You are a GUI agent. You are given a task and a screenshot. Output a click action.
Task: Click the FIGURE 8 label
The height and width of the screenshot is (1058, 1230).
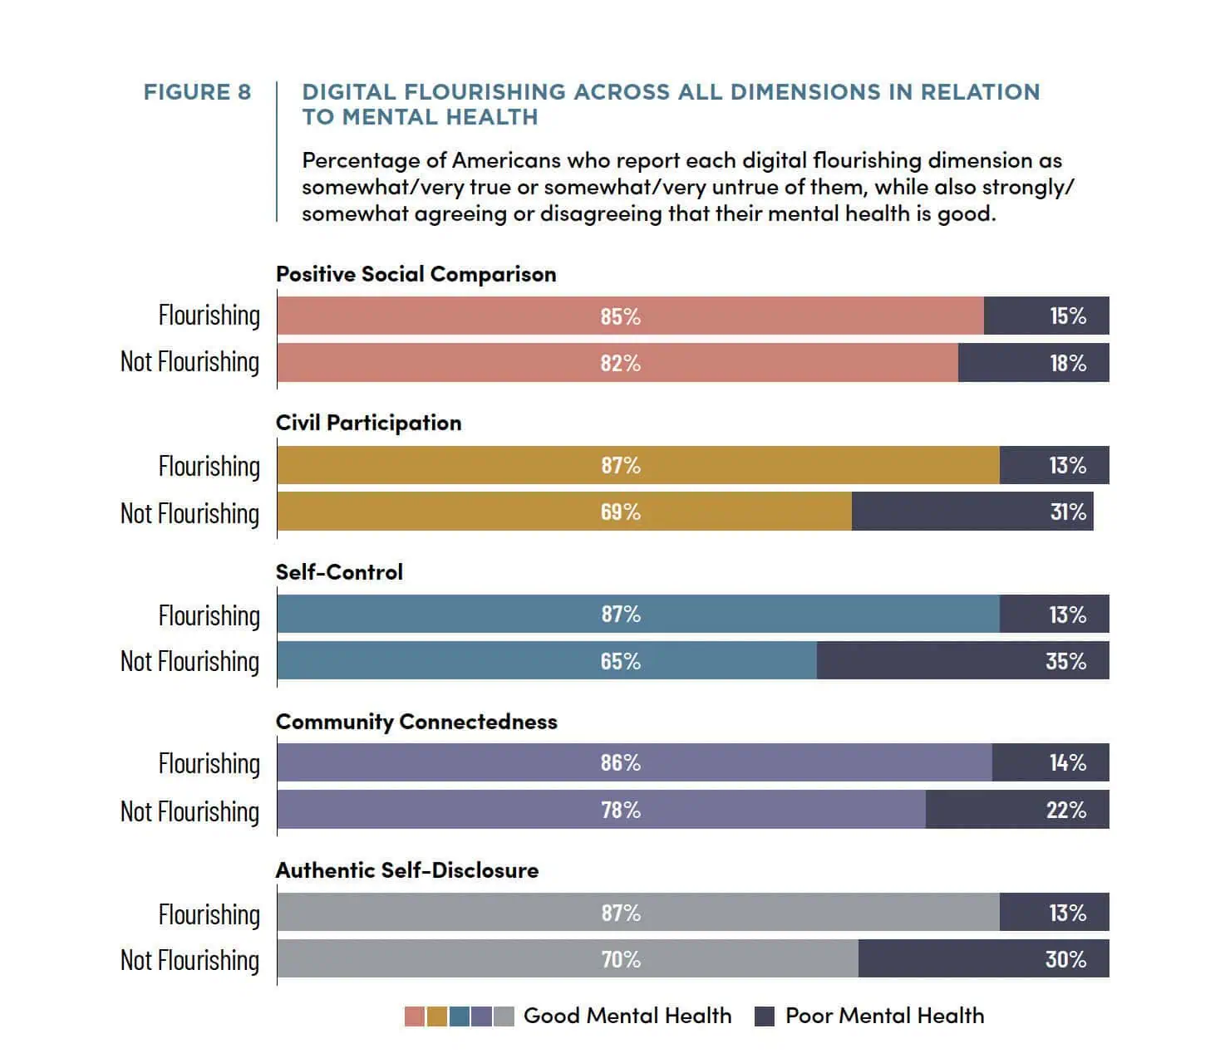tap(197, 92)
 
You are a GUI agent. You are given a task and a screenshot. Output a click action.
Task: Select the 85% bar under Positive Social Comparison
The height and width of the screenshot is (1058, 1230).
tap(630, 316)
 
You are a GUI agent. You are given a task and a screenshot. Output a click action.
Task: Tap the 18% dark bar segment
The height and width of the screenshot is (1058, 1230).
tap(1033, 362)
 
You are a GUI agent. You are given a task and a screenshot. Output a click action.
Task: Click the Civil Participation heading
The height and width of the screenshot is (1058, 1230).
tap(368, 423)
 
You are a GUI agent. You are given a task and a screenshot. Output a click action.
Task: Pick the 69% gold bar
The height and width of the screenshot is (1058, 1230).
tap(564, 511)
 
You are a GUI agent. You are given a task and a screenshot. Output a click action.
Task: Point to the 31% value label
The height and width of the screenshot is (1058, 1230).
tap(1068, 512)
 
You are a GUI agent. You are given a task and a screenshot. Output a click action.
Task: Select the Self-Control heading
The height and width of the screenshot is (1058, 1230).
tap(339, 572)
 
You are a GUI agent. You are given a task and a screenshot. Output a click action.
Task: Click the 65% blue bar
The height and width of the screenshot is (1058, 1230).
tap(547, 660)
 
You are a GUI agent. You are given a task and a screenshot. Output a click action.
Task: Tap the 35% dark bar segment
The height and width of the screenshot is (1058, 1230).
tap(963, 660)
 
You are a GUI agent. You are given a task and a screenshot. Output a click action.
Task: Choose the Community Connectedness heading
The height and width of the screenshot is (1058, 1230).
tap(416, 722)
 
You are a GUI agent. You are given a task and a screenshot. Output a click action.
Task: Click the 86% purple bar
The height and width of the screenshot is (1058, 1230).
tap(634, 762)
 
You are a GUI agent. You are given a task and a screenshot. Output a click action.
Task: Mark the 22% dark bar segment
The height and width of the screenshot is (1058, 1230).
tap(1017, 809)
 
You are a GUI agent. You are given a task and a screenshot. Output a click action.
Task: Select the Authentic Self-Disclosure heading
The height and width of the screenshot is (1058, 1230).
tap(407, 870)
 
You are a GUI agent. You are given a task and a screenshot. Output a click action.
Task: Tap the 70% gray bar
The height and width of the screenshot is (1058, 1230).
tap(568, 958)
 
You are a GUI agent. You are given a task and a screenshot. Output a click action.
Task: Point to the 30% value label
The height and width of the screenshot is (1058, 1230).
tap(1065, 959)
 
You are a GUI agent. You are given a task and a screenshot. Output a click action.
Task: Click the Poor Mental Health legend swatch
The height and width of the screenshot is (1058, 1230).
tap(764, 1016)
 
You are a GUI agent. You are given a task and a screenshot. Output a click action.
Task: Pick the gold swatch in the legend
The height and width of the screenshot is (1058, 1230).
tap(437, 1016)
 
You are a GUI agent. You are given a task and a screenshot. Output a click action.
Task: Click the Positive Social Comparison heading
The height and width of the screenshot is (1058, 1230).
tap(416, 274)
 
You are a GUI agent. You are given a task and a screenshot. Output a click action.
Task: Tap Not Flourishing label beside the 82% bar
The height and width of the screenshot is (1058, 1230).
tap(189, 361)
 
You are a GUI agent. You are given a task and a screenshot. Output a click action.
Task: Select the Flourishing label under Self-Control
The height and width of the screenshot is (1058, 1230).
tap(209, 615)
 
